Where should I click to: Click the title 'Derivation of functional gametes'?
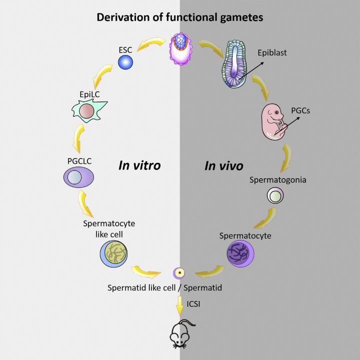pyautogui.click(x=179, y=17)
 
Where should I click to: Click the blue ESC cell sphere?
pyautogui.click(x=125, y=62)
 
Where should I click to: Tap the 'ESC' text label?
pyautogui.click(x=125, y=49)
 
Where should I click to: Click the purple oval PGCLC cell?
pyautogui.click(x=78, y=178)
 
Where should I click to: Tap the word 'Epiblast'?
pyautogui.click(x=272, y=52)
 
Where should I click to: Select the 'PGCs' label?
pyautogui.click(x=300, y=110)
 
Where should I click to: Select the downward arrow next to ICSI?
pyautogui.click(x=179, y=304)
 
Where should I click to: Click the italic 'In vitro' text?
pyautogui.click(x=139, y=165)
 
